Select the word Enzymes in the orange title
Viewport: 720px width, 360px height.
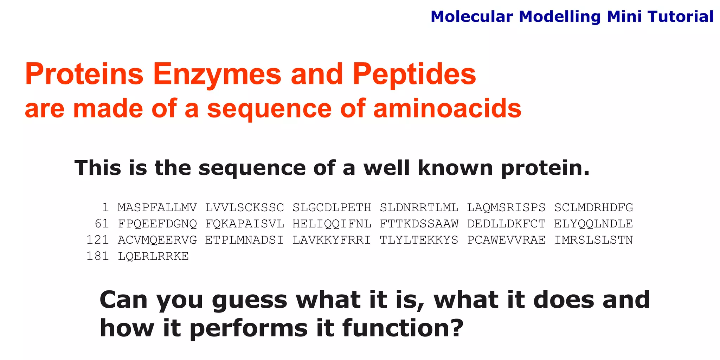[x=217, y=75]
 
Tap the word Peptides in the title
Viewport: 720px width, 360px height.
[x=414, y=75]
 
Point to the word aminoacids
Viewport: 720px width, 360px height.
[x=447, y=109]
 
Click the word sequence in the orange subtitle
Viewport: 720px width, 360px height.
[x=269, y=109]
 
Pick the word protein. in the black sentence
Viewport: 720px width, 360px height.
[x=545, y=168]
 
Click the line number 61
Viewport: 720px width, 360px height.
[x=102, y=224]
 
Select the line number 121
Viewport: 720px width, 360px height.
[x=98, y=240]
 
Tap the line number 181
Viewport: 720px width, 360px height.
[x=98, y=256]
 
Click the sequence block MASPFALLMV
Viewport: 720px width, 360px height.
[x=157, y=207]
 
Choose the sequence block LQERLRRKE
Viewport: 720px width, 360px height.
[x=153, y=256]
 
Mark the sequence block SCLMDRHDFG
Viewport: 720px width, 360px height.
[x=593, y=207]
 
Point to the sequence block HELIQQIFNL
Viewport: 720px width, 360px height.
[x=332, y=224]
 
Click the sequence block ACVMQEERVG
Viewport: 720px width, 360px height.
[x=157, y=240]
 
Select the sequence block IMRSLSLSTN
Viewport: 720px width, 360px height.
[x=593, y=240]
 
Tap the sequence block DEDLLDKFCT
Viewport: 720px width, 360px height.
[x=506, y=224]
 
